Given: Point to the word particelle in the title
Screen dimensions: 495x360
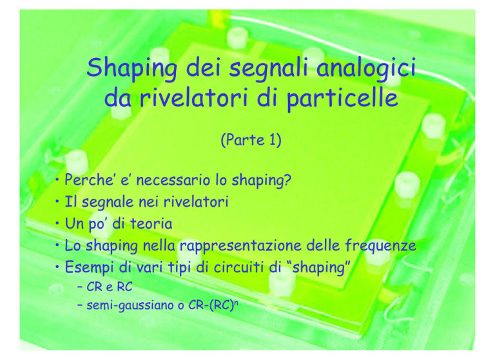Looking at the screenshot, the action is [342, 98].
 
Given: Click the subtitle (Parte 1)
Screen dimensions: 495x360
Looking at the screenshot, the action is [251, 140].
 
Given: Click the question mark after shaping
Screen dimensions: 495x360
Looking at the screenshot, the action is [287, 180].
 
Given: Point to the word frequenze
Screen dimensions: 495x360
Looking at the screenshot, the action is [380, 246].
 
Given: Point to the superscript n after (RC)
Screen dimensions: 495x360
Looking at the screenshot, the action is [236, 302].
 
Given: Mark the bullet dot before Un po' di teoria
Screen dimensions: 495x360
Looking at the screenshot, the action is [57, 223].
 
